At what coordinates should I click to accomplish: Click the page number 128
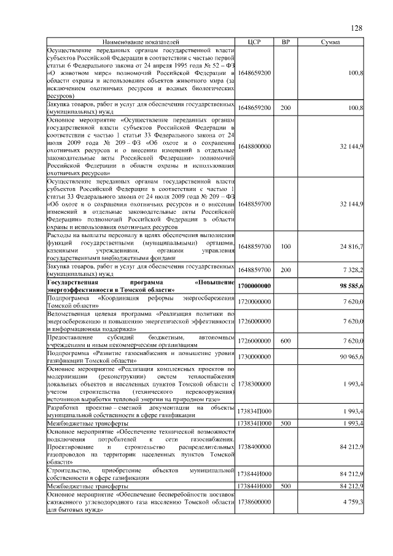coord(356,28)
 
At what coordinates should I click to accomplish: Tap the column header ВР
coord(286,42)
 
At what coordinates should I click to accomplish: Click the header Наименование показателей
coord(141,42)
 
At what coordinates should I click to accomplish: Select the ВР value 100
coord(286,246)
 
